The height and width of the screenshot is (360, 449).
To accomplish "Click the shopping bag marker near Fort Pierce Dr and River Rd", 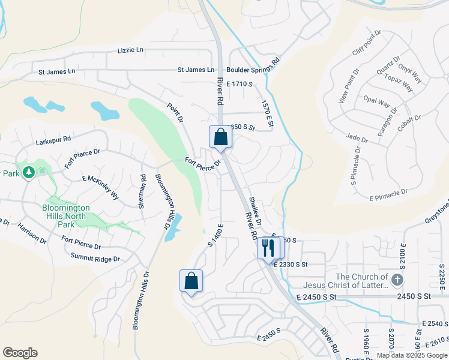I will (220, 137).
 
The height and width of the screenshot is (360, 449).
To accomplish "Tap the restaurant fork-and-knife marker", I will (268, 248).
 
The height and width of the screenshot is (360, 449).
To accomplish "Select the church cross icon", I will (396, 280).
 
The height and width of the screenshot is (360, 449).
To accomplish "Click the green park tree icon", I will (28, 173).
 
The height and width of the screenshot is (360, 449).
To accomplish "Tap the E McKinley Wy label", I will (100, 185).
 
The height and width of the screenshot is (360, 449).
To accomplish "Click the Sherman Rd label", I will (142, 191).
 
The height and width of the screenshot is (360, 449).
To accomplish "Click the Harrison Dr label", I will (32, 233).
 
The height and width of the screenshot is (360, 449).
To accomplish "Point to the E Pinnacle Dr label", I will (388, 195).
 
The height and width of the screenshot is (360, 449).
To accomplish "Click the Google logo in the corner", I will (20, 353).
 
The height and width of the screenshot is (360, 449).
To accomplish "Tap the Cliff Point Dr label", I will (367, 43).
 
